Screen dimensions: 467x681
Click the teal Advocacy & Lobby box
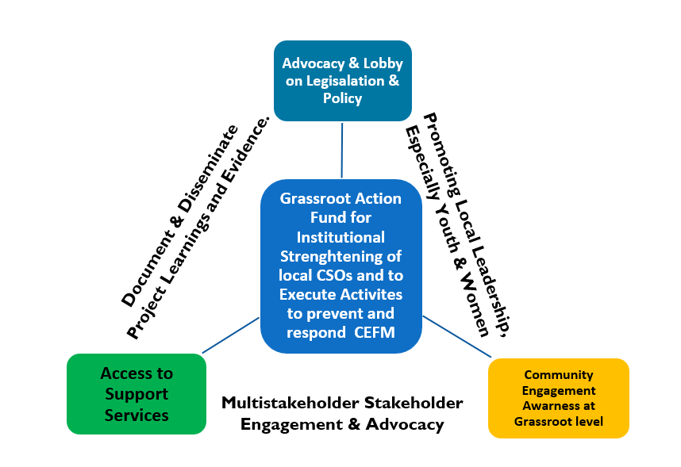click(x=342, y=81)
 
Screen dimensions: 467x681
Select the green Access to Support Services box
click(x=137, y=394)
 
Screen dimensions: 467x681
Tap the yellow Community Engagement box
click(x=558, y=398)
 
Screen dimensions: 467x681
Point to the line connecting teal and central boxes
click(x=342, y=150)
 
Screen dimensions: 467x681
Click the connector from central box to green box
click(x=231, y=335)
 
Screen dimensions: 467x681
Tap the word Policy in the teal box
click(x=342, y=98)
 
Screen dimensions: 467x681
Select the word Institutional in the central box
click(x=340, y=237)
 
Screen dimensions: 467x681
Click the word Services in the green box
click(x=137, y=415)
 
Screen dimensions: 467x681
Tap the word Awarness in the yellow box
click(x=559, y=406)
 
